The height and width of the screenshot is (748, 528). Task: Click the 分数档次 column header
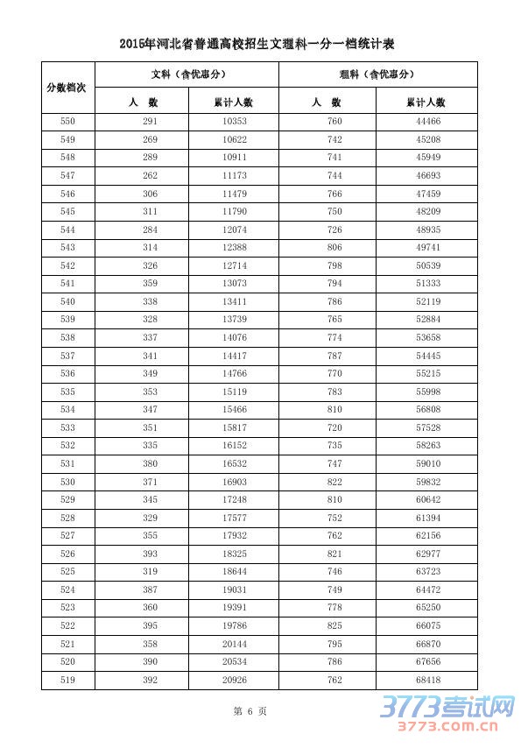[67, 88]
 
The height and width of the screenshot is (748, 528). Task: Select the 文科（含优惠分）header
[187, 74]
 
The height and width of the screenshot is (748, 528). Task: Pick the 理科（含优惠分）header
[377, 74]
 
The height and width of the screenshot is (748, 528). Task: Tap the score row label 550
[67, 122]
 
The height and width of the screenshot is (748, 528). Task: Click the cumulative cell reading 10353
[234, 122]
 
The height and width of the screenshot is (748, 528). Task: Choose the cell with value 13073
[234, 284]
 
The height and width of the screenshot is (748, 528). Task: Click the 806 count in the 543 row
[334, 248]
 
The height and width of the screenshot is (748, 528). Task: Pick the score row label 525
[67, 571]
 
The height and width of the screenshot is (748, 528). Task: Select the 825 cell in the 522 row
[334, 625]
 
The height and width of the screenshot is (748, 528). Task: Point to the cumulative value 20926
[234, 679]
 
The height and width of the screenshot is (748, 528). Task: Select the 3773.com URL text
[446, 726]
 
